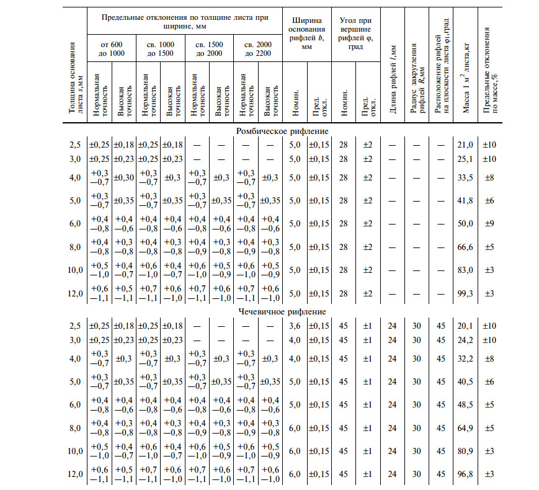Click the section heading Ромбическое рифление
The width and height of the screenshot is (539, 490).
pyautogui.click(x=282, y=131)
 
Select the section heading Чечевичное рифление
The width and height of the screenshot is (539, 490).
pyautogui.click(x=282, y=311)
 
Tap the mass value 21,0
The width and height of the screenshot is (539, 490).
pyautogui.click(x=465, y=145)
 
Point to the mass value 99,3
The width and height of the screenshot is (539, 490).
pyautogui.click(x=465, y=293)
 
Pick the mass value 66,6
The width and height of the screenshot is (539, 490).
pyautogui.click(x=465, y=246)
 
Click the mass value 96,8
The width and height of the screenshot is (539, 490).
pyautogui.click(x=465, y=474)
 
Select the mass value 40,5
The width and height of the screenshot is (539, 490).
pyautogui.click(x=465, y=381)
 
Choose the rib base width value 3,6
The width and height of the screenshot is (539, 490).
pyautogui.click(x=295, y=326)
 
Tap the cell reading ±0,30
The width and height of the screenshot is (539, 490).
pyautogui.click(x=123, y=177)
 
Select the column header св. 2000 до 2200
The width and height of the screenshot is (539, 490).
pyautogui.click(x=257, y=48)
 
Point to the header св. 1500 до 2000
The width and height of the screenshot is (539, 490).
pyautogui.click(x=208, y=48)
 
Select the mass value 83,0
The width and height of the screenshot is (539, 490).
pyautogui.click(x=465, y=270)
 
